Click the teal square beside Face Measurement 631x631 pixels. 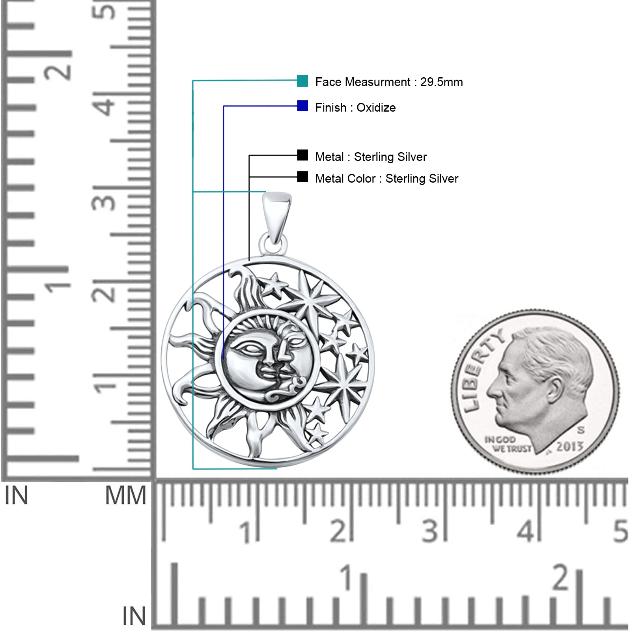pyautogui.click(x=302, y=81)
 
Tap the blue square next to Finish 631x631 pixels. pyautogui.click(x=302, y=106)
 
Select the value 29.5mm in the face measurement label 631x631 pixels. pyautogui.click(x=441, y=82)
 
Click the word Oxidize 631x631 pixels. pyautogui.click(x=376, y=108)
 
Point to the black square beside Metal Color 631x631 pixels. pyautogui.click(x=302, y=177)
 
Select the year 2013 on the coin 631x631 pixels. pyautogui.click(x=569, y=446)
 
